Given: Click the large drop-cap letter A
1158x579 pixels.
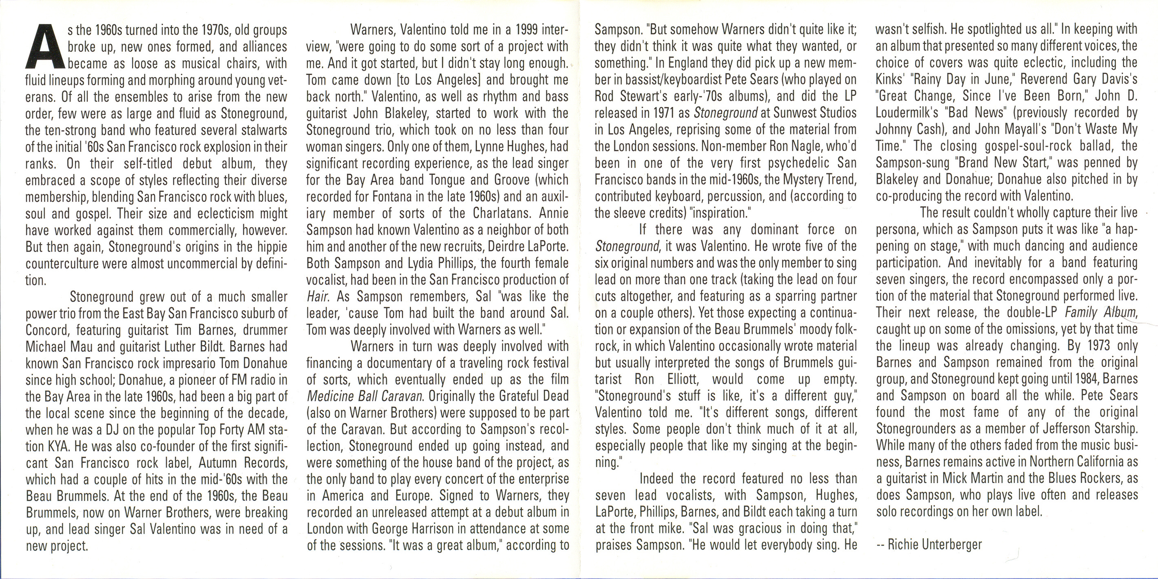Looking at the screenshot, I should pyautogui.click(x=44, y=51).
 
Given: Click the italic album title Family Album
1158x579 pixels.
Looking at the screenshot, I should pyautogui.click(x=1100, y=312).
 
